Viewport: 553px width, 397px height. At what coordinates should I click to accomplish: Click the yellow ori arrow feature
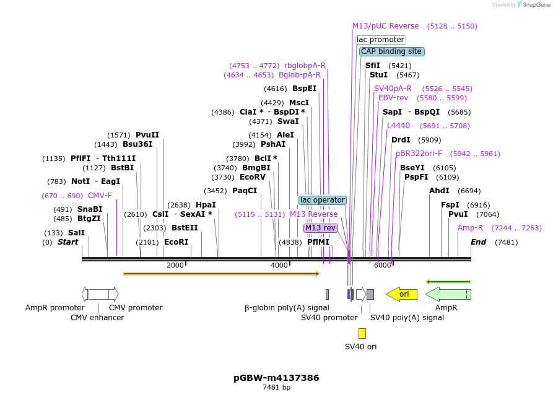coord(401,294)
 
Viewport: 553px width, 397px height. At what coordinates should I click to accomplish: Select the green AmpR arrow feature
coord(448,294)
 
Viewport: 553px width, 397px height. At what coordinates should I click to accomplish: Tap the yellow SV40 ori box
coord(362,333)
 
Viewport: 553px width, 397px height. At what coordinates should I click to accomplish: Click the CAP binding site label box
coord(391,51)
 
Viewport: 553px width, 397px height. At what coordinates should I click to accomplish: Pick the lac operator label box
coord(322,200)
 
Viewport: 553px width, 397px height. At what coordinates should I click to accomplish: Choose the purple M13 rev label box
coord(320,228)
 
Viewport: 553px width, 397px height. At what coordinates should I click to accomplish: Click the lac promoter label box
coord(380,40)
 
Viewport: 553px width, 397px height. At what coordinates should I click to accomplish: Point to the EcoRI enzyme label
coord(176,242)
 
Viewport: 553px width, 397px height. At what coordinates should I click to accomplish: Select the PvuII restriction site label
coord(147,135)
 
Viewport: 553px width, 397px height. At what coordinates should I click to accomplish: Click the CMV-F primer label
coord(100,196)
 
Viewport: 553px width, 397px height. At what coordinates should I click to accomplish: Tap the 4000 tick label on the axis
coord(279,265)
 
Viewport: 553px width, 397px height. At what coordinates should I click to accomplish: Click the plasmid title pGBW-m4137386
coord(276,378)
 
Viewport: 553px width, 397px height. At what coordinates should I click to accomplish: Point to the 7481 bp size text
coord(276,388)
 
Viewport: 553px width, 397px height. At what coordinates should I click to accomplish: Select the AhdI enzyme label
coord(439,191)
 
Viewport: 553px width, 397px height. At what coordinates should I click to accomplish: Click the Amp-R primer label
coord(470,228)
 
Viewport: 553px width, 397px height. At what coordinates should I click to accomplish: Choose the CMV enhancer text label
coord(97,318)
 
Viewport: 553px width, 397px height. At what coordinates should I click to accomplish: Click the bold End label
coord(478,242)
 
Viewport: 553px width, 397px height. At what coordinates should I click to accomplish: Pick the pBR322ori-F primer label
coord(419,154)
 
